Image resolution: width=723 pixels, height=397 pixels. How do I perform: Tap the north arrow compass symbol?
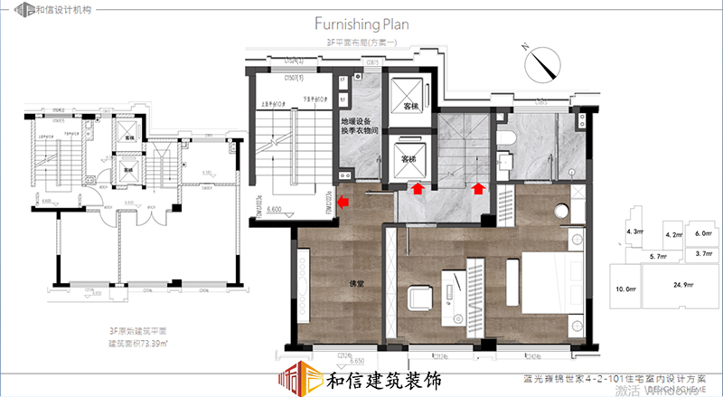(x=542, y=63)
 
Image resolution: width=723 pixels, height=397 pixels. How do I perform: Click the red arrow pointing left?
(x=344, y=203)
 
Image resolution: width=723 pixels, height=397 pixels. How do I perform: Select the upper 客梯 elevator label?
(x=412, y=107)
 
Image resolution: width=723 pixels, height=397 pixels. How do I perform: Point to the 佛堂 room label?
(x=358, y=283)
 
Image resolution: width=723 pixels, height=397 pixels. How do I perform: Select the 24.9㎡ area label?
(x=683, y=286)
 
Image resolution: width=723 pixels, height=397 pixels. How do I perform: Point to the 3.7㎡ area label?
(x=706, y=255)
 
